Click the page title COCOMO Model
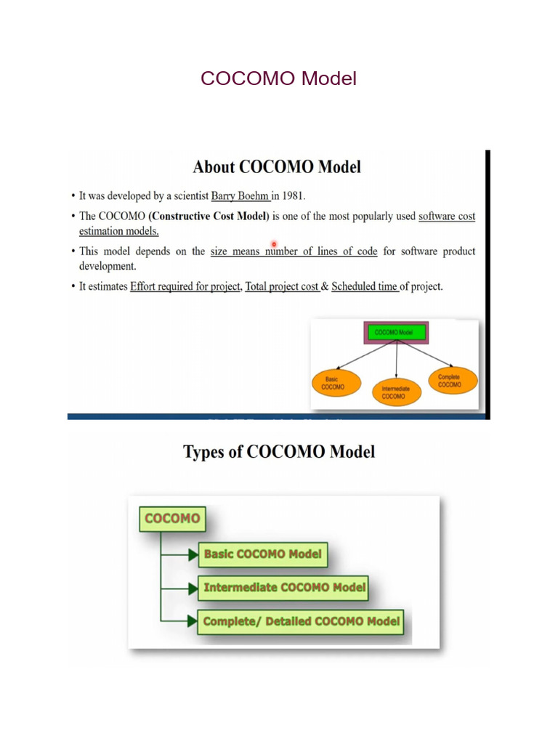coord(278,78)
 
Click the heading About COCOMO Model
coord(277,167)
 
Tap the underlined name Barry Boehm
coord(240,196)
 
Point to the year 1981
coord(293,196)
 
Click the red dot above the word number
coord(274,244)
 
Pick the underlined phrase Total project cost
coord(282,287)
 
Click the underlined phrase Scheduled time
coord(364,287)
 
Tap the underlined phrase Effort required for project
coord(185,287)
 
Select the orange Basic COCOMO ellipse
coord(333,383)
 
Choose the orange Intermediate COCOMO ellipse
coord(396,392)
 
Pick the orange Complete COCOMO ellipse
coord(453,380)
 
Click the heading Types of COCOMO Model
coord(279,452)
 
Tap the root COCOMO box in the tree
coord(172,519)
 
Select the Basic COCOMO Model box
coord(263,554)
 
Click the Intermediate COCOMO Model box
coord(285,588)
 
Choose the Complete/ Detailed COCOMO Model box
coord(301,622)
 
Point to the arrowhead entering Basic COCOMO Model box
coord(193,554)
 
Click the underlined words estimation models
coord(119,231)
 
